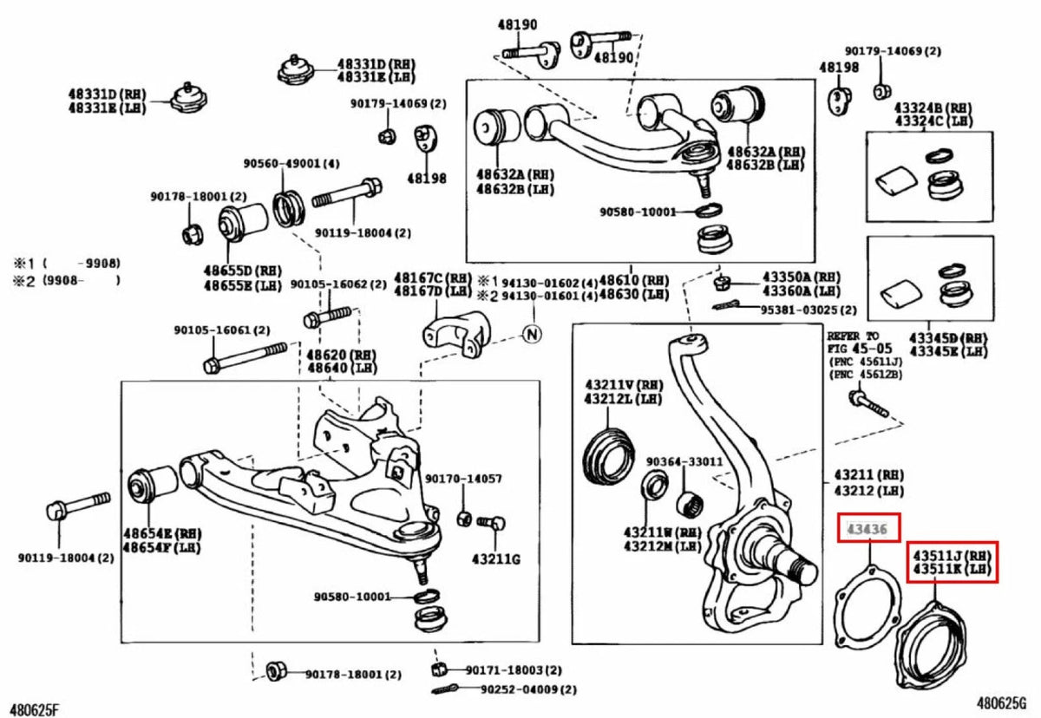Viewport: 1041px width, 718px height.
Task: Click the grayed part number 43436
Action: (x=868, y=528)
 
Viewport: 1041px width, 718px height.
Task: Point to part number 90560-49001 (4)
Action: (x=291, y=164)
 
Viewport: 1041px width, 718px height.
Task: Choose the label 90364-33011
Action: (x=684, y=461)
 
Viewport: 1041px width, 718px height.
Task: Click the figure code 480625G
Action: (x=1005, y=703)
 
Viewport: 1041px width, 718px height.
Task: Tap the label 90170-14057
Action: (x=463, y=479)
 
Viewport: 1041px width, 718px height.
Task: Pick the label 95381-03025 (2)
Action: (x=808, y=310)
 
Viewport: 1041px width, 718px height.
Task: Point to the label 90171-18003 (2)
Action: (x=513, y=670)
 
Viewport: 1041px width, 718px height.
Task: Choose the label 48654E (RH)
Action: (x=160, y=535)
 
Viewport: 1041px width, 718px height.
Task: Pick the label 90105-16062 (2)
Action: (x=338, y=284)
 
